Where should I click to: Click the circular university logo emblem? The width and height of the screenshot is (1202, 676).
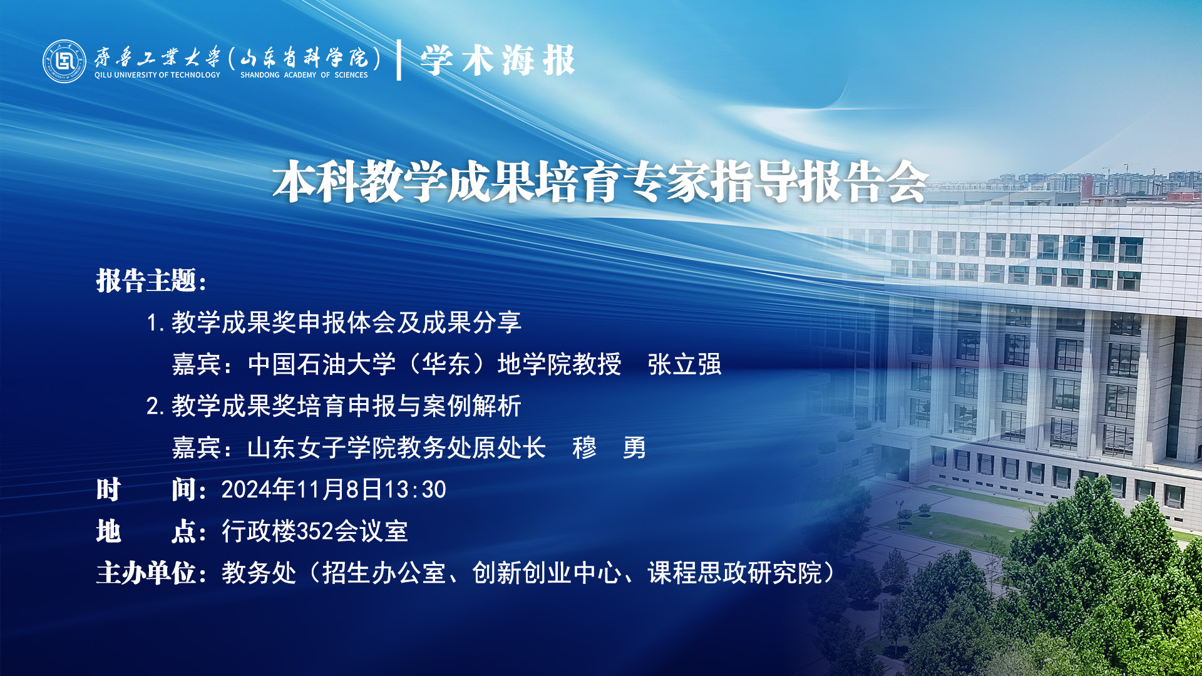64,61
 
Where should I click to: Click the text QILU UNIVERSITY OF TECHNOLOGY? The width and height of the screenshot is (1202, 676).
157,75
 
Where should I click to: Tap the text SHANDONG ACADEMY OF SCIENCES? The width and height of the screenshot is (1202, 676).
304,75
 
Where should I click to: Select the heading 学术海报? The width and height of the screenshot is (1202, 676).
498,61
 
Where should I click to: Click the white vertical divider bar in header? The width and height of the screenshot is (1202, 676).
399,60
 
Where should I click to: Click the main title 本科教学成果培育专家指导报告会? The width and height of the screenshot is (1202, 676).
600,182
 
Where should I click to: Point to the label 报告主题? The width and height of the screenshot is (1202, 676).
146,280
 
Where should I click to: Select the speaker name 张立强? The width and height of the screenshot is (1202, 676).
684,364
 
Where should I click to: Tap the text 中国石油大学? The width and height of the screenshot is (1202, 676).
322,364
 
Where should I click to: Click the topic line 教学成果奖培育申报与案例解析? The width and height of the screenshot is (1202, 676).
346,406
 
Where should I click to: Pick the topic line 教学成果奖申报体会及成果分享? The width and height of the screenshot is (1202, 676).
346,322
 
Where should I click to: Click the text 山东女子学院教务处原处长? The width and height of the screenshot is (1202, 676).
396,448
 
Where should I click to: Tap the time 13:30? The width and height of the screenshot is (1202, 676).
414,489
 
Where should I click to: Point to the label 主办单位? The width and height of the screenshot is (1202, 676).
146,573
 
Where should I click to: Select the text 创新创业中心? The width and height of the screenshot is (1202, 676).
547,573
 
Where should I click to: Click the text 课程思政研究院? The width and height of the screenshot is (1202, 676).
734,573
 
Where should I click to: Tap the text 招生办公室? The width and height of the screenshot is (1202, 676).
384,573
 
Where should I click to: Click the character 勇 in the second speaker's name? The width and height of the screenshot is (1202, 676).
634,448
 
